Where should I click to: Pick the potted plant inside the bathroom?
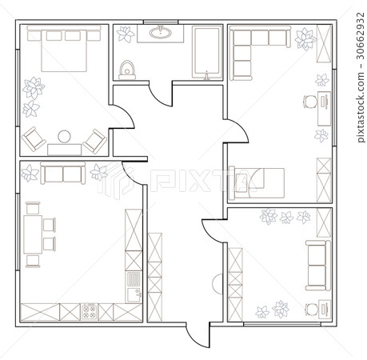(x=126, y=34)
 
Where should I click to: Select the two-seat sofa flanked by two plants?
(x=63, y=174)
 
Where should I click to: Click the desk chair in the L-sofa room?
(x=308, y=102)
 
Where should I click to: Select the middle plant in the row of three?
(x=286, y=217)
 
